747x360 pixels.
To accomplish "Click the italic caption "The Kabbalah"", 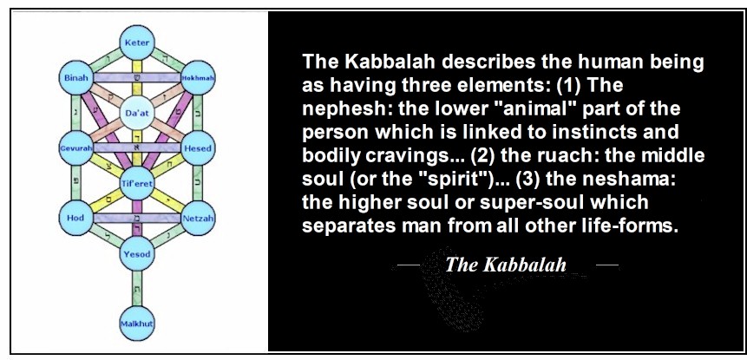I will click(506, 265).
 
